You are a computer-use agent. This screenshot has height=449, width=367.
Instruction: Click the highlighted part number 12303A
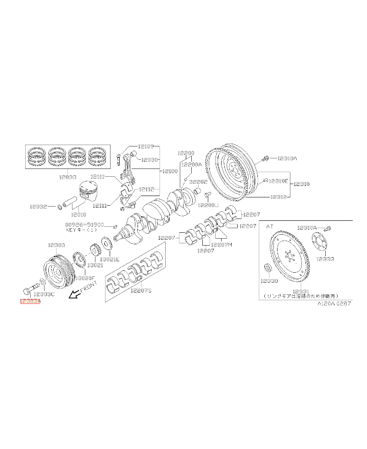[x=30, y=302]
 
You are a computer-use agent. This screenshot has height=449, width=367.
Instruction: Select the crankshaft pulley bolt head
[x=26, y=291]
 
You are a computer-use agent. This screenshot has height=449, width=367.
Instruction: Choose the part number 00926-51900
[x=84, y=225]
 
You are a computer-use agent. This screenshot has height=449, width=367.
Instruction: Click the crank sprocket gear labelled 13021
[x=96, y=251]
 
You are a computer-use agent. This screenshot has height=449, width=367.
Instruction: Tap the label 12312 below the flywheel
[x=278, y=196]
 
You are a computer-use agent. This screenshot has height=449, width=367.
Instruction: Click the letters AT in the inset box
[x=270, y=227]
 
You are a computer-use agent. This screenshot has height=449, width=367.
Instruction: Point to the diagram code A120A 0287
[x=336, y=304]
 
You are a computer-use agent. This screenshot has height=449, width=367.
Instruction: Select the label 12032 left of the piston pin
[x=39, y=207]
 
